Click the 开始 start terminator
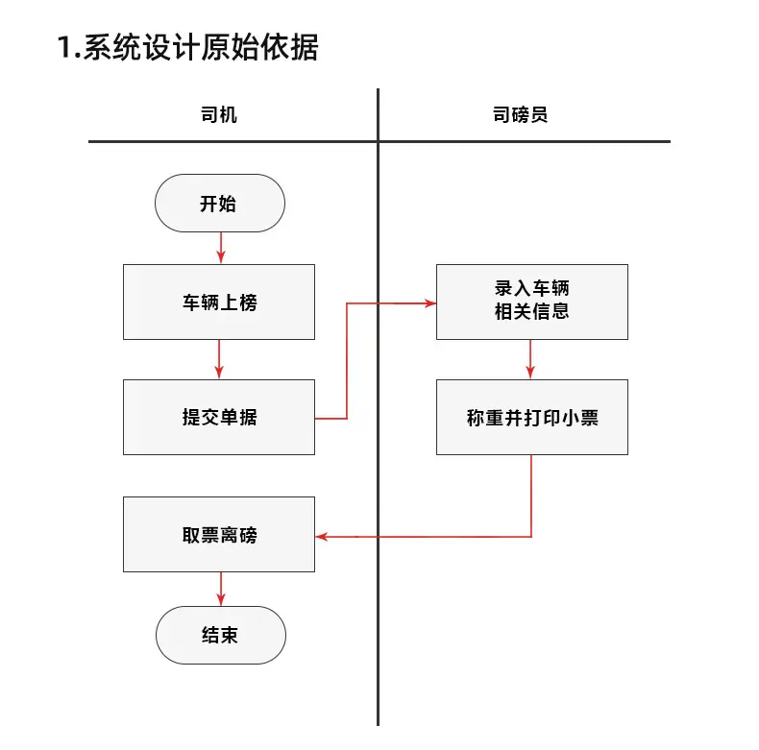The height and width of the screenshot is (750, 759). (220, 204)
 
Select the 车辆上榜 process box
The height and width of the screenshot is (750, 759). (219, 302)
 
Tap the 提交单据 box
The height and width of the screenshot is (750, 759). (219, 417)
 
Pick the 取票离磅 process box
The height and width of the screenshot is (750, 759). (219, 534)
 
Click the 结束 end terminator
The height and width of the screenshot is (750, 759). (221, 635)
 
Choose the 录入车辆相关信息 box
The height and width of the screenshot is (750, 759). (532, 302)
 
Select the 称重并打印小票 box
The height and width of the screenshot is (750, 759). (532, 417)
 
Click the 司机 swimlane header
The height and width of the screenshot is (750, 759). (219, 115)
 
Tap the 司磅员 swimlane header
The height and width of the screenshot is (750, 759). (521, 115)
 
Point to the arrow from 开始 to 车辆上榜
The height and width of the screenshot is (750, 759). (221, 248)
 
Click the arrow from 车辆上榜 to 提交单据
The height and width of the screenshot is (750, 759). (219, 359)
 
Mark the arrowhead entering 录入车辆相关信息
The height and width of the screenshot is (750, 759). (430, 303)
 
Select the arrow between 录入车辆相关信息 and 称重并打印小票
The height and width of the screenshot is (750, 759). (530, 359)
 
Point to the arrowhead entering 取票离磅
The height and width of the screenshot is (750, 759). (322, 537)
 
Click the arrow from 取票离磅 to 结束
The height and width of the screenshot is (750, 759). (221, 589)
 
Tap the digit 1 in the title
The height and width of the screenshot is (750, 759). (64, 47)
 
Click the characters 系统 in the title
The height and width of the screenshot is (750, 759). (111, 47)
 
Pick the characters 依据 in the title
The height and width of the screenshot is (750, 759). (289, 47)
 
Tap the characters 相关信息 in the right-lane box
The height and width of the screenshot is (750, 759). (532, 311)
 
